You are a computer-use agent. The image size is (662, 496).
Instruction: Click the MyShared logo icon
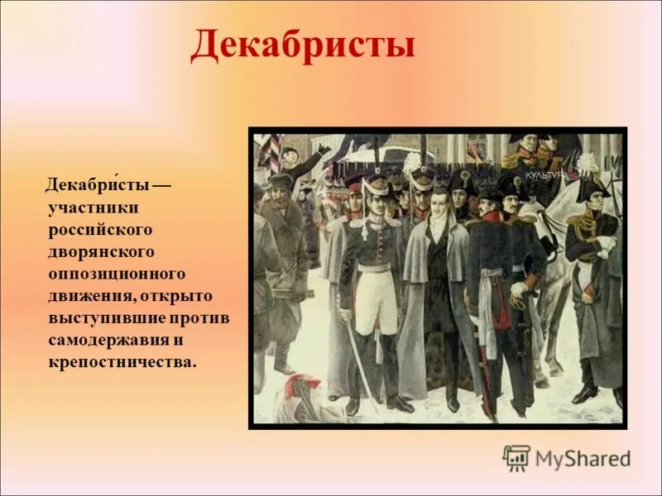click(x=516, y=458)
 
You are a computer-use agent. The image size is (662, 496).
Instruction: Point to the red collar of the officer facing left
click(x=492, y=217)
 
